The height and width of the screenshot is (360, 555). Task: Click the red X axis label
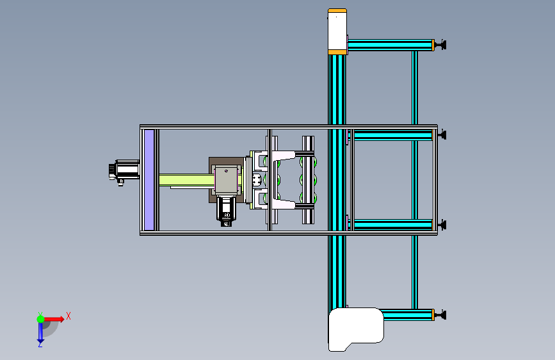tap(68, 316)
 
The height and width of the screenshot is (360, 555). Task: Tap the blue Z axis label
tap(40, 344)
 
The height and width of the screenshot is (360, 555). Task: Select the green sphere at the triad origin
tap(41, 319)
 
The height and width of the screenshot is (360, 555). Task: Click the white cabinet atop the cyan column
tap(337, 32)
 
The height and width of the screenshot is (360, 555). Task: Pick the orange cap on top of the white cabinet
tap(337, 11)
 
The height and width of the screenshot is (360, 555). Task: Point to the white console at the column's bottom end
tap(355, 329)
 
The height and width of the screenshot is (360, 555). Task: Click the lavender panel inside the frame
tap(149, 180)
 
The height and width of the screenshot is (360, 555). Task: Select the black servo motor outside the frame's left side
tap(124, 172)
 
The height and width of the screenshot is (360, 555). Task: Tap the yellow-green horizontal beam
tap(186, 179)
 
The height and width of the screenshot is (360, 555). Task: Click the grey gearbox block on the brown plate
tap(227, 180)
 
